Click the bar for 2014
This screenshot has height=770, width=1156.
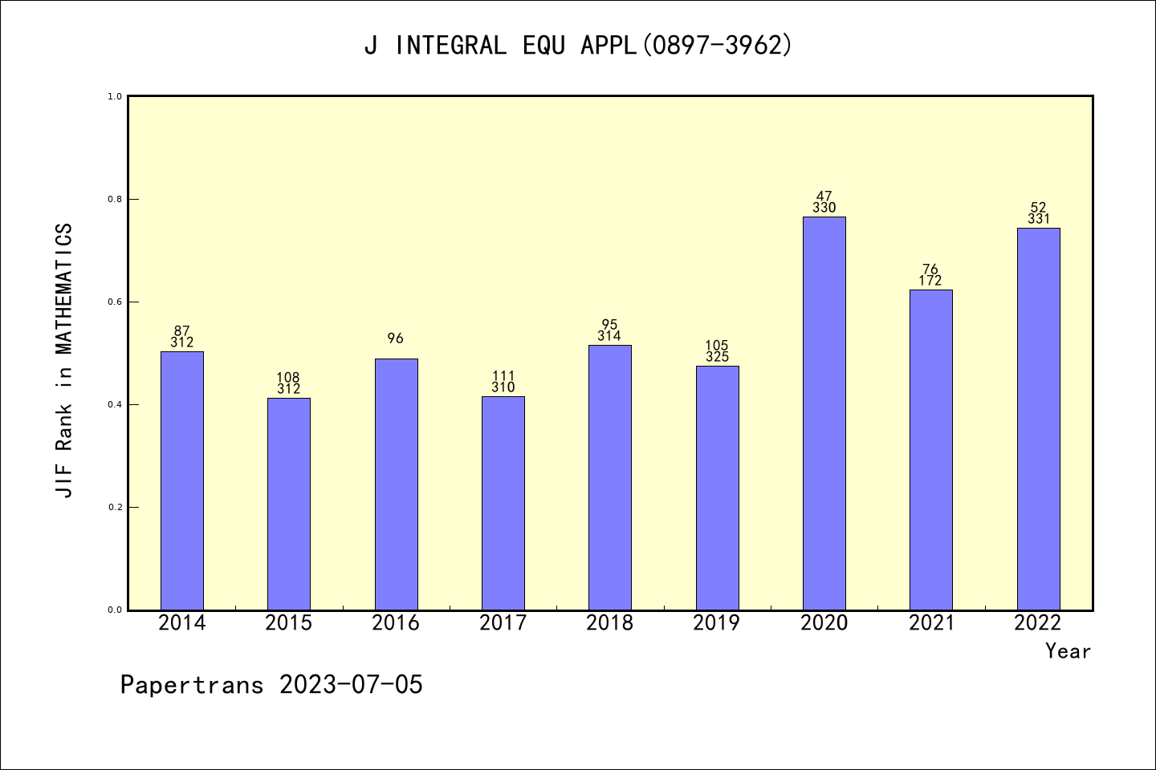tap(182, 481)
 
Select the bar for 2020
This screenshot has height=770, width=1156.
tap(824, 414)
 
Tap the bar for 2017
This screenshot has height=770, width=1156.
tap(503, 504)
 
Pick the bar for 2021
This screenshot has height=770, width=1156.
tap(931, 450)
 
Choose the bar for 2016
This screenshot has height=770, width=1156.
tap(396, 484)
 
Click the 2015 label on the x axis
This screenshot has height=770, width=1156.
tap(289, 623)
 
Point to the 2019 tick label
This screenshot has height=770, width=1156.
tap(717, 623)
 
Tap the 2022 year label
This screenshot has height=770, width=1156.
tap(1038, 623)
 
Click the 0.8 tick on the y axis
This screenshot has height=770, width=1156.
tap(114, 199)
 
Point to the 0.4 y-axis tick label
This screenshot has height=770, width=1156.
tap(114, 404)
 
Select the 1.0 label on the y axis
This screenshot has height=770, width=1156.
tap(114, 96)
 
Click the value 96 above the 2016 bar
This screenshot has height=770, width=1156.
tap(396, 338)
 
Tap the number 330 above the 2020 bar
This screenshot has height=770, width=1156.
tap(824, 208)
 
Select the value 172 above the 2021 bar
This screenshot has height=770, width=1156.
tap(930, 281)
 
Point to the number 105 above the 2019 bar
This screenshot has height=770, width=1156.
tap(717, 346)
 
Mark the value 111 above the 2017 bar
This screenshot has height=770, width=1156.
tap(503, 376)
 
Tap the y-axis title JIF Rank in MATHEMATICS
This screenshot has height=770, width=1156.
tap(65, 360)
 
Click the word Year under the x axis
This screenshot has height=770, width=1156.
tap(1068, 651)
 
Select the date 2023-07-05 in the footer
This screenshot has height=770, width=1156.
tap(351, 685)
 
